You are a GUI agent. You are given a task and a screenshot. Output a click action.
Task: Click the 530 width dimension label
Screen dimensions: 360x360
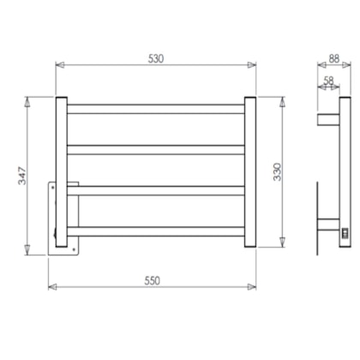[x=156, y=58]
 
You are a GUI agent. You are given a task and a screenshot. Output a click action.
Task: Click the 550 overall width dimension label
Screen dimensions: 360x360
[x=152, y=281]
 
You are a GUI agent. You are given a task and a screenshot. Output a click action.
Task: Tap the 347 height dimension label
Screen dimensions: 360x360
[x=22, y=176]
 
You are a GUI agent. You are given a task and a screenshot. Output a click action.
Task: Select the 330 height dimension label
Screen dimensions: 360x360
[x=277, y=172]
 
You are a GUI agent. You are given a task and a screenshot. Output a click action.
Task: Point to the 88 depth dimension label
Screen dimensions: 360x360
[x=333, y=59]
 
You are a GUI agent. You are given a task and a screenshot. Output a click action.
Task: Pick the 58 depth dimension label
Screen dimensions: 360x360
[x=328, y=81]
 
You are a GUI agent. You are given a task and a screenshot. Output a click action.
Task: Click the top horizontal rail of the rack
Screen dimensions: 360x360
[x=156, y=109]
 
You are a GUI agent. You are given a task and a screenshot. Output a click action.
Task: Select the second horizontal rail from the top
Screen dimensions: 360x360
[x=156, y=150]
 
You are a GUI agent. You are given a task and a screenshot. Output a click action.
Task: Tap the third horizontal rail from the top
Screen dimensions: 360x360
[x=156, y=191]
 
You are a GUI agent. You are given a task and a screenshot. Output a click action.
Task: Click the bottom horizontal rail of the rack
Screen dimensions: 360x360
[x=156, y=231]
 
